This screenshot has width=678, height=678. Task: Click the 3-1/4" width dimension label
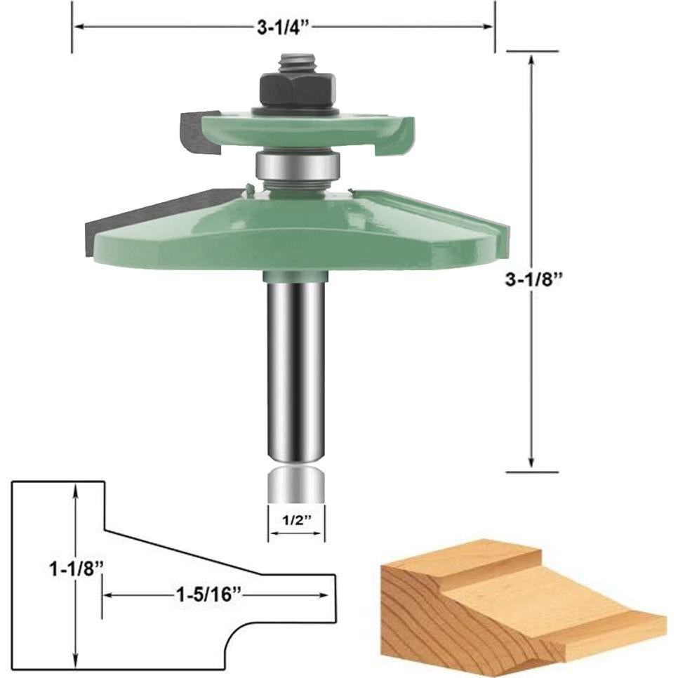[x=282, y=27]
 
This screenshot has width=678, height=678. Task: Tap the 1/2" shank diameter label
[x=296, y=522]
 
